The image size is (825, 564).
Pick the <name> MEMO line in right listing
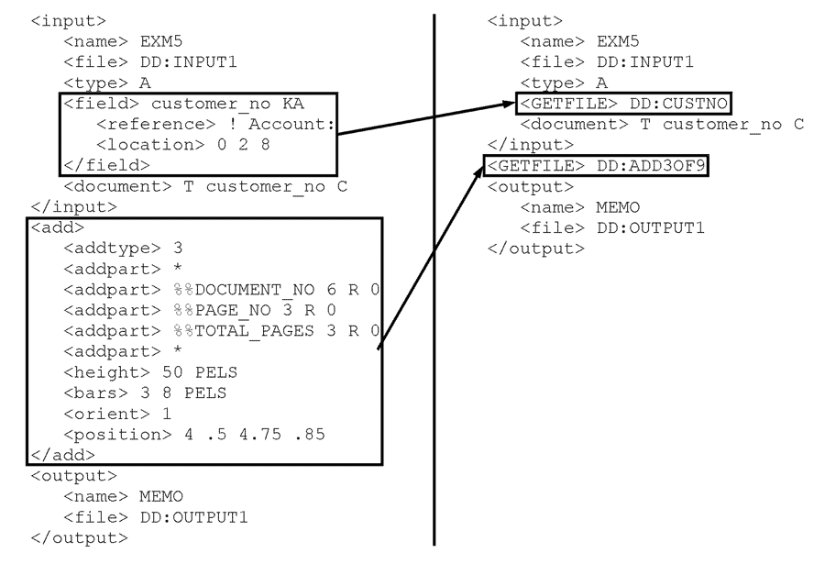point(577,207)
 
